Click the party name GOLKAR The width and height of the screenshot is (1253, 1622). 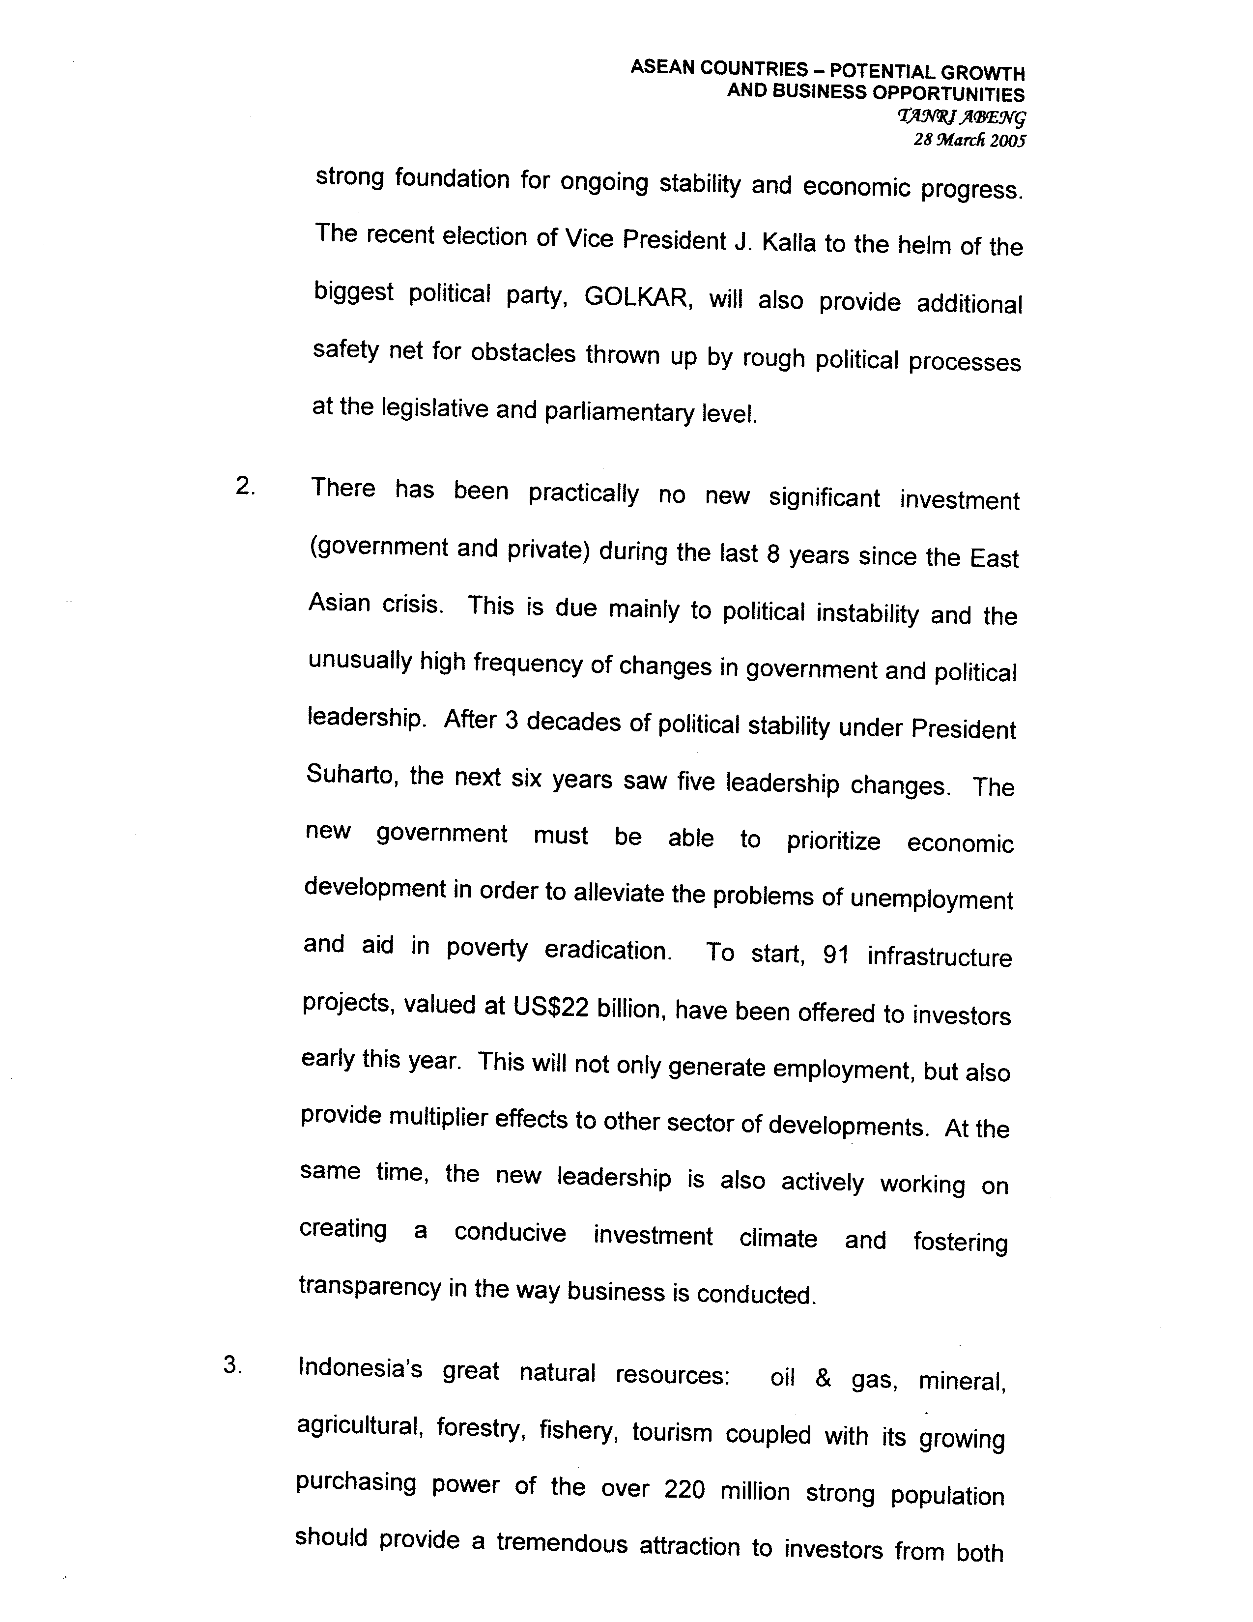tap(637, 297)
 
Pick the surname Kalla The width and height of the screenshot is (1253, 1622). tap(788, 242)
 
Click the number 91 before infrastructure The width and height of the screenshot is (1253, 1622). tap(836, 955)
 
